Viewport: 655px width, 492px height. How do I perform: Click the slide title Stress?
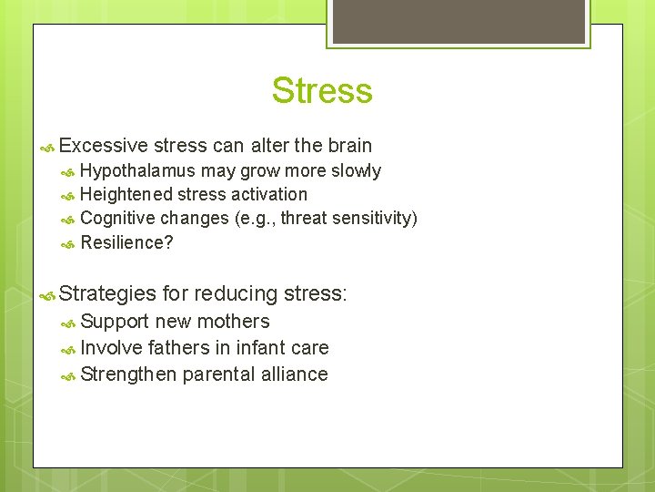[322, 91]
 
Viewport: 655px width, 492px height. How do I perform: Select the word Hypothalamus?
[137, 171]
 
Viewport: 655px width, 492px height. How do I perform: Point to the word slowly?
[356, 171]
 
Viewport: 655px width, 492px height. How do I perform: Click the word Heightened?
[126, 194]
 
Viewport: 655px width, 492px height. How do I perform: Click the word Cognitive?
[117, 218]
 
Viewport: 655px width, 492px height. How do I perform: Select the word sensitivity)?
[375, 218]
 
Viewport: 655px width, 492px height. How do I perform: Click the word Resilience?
[126, 242]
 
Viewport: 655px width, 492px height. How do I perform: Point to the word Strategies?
[107, 294]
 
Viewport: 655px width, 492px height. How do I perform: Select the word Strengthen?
[128, 374]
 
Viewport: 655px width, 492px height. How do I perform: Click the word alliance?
[294, 374]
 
